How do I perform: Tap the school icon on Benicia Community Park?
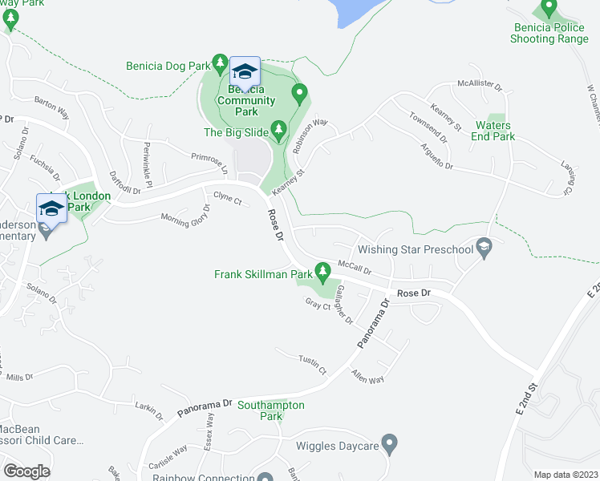coord(245,72)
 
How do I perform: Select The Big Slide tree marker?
coord(279,128)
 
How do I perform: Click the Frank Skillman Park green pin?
coord(323,270)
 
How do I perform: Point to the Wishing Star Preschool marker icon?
coord(483,249)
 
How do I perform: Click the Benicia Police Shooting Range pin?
coord(549,8)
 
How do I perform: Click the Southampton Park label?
coord(271,410)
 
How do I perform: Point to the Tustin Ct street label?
coord(312,365)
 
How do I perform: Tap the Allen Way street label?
coord(367,376)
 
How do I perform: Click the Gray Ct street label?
coord(318,305)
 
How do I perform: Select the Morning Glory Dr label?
coord(184,214)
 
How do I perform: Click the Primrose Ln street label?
coord(210,161)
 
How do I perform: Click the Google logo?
coord(26,471)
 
